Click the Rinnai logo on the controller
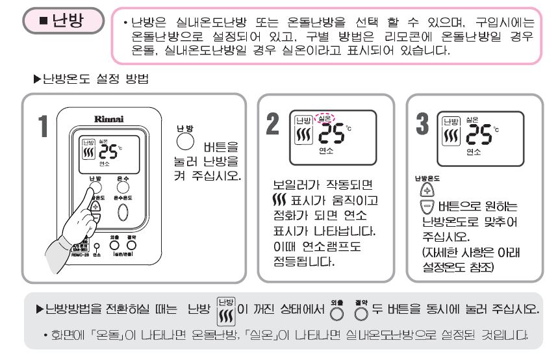click(108, 120)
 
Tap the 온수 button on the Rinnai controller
click(123, 188)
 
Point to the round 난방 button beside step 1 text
click(185, 142)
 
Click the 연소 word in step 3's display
click(474, 151)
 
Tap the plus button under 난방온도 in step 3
click(426, 190)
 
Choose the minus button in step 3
click(426, 207)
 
